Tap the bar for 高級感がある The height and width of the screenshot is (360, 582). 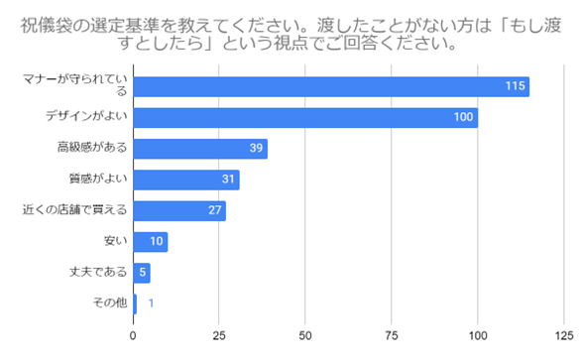tap(199, 149)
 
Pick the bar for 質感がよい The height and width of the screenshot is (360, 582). tap(185, 180)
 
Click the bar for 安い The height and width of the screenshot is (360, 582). tap(150, 241)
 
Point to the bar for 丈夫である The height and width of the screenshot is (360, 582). tap(141, 272)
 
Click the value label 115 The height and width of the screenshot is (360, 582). tap(514, 87)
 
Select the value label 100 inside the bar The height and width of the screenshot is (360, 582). tap(463, 118)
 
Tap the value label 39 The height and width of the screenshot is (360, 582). tap(256, 149)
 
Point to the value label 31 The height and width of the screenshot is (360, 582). tap(228, 180)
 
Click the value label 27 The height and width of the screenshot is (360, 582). tap(214, 210)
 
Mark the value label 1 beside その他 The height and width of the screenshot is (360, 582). tap(150, 302)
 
